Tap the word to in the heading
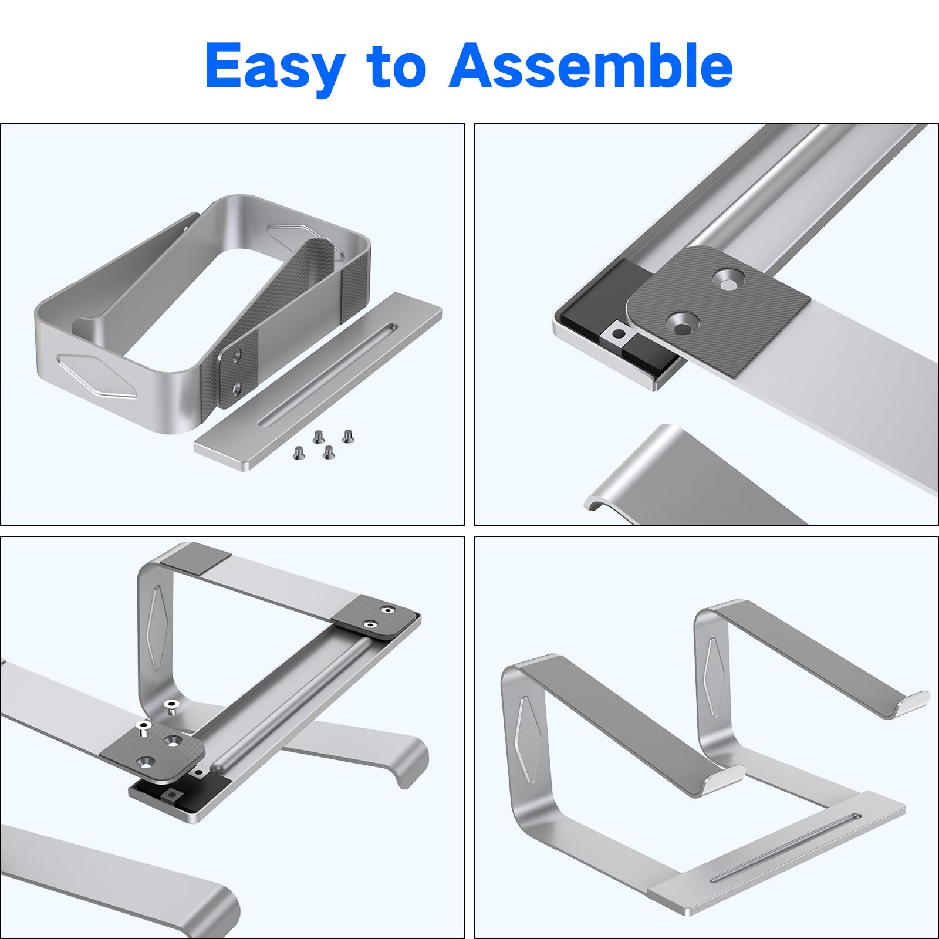(x=396, y=66)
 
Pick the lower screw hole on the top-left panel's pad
(x=236, y=389)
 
